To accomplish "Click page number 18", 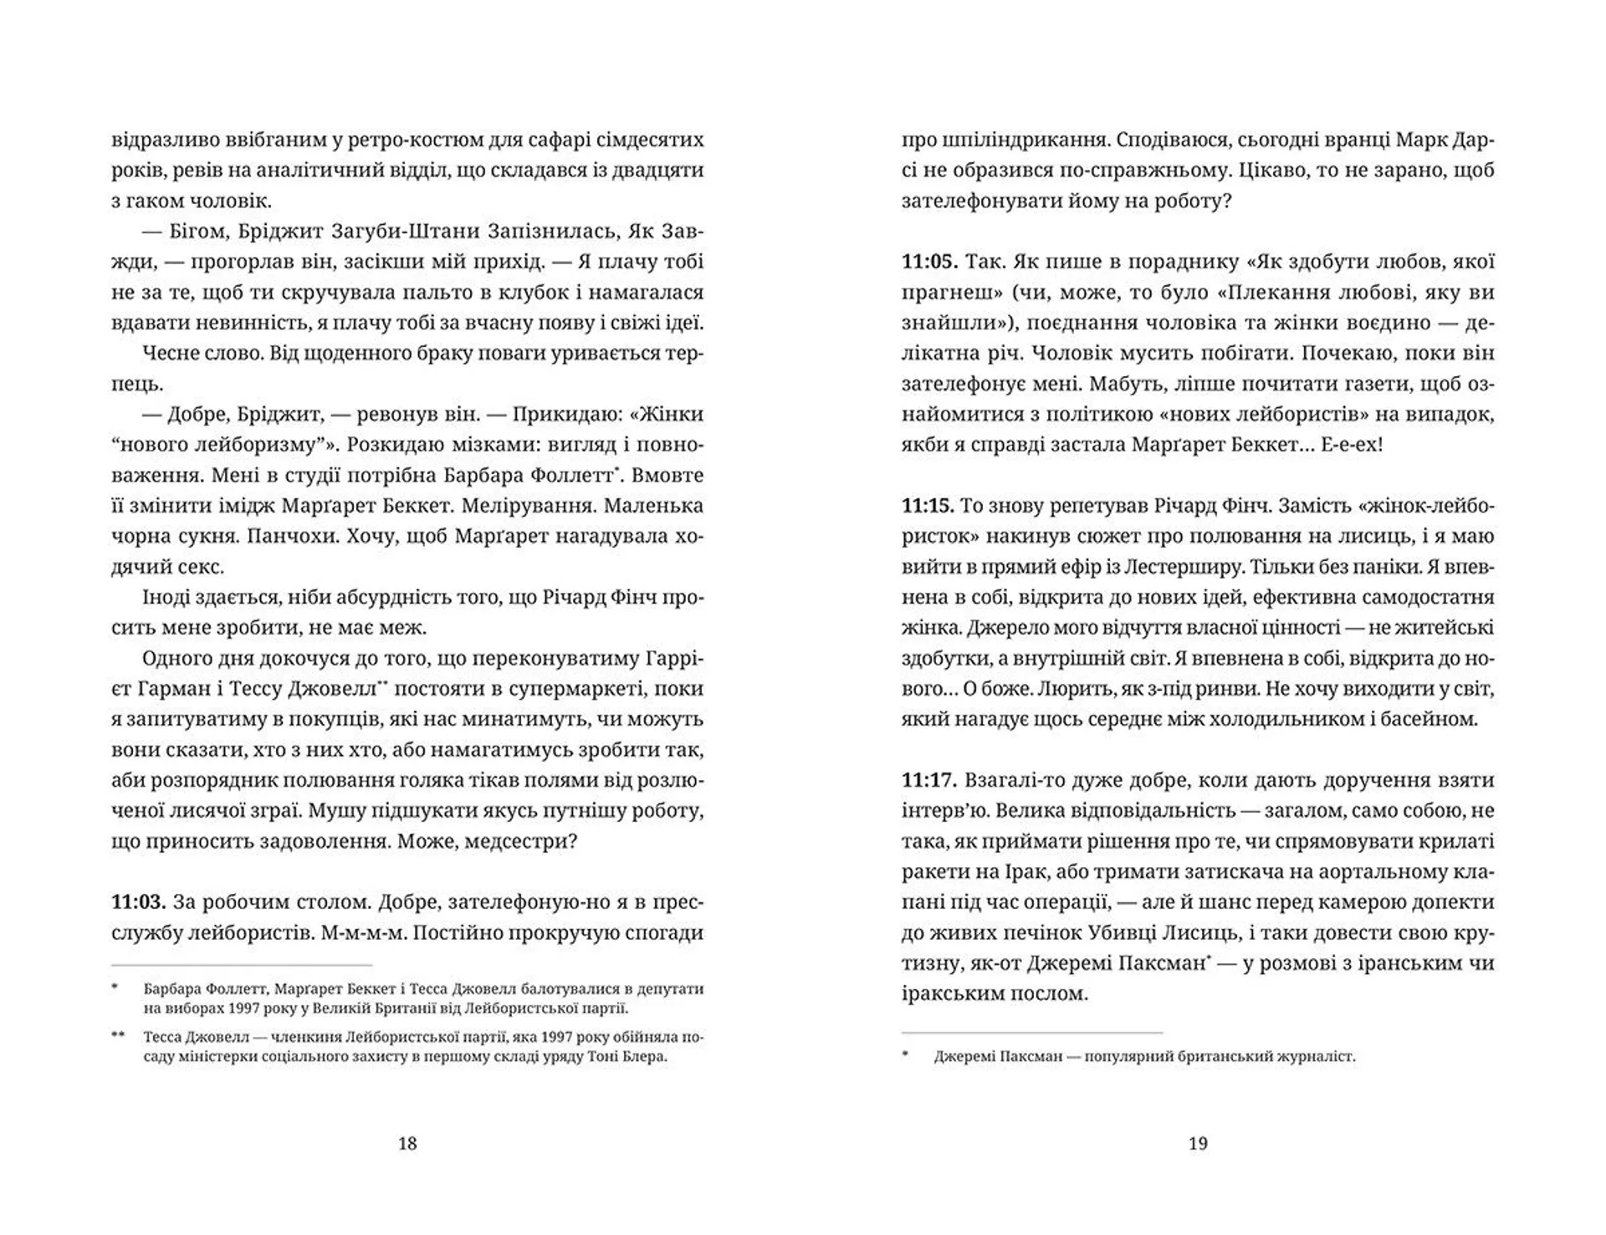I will tap(407, 1143).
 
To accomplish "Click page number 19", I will tap(1198, 1143).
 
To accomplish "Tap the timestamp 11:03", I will tap(138, 902).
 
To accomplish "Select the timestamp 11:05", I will tap(928, 262).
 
